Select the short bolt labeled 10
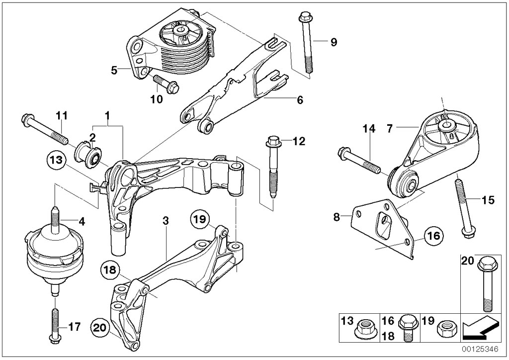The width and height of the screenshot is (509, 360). [166, 84]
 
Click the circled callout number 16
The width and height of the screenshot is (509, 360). [433, 236]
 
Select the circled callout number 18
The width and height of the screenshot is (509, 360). [110, 270]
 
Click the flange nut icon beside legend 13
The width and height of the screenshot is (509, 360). [365, 328]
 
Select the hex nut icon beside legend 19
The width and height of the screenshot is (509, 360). [442, 329]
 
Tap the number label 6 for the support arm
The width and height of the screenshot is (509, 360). [300, 100]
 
